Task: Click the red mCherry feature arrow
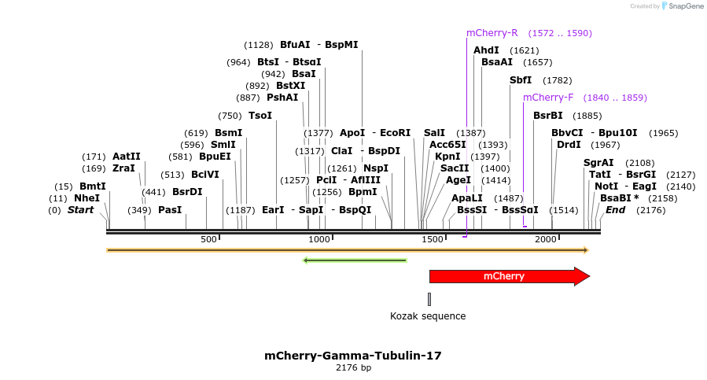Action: coord(509,276)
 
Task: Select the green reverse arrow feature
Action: coord(355,260)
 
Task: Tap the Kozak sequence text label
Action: coord(428,316)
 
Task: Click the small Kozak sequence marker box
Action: coord(429,299)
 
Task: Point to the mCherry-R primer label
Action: coord(492,33)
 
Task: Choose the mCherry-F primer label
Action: coord(548,98)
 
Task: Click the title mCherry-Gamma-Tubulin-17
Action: coord(353,356)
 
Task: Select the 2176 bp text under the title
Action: coord(353,367)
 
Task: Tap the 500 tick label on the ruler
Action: coord(208,239)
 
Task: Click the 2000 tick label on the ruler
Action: coord(546,239)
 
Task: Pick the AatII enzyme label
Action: coord(127,157)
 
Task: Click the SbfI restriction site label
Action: coord(521,80)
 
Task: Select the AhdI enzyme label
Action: coord(486,50)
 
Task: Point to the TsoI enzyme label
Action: coord(260,116)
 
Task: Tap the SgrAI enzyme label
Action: coord(598,163)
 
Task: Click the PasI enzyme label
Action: coord(170,210)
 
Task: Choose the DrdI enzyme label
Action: coord(569,145)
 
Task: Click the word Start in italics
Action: coord(80,210)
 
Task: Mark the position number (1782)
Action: coord(558,80)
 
